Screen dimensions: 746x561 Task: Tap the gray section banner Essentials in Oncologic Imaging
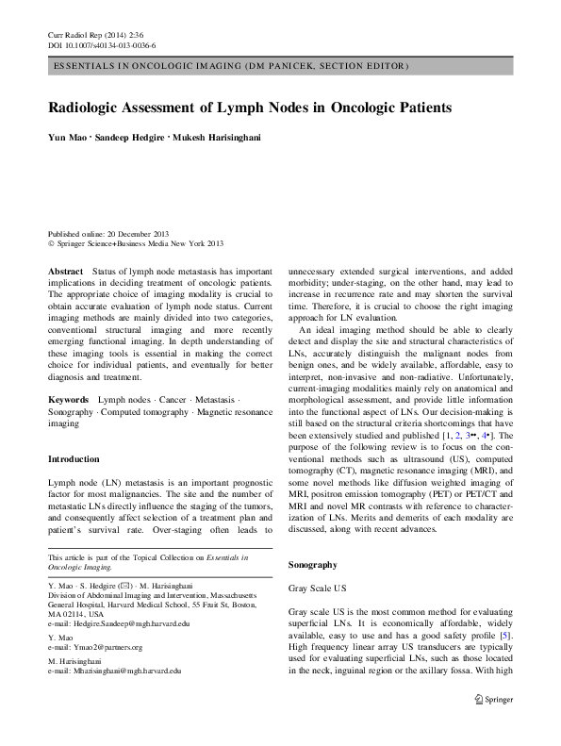(x=230, y=67)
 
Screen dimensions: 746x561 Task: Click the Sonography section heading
(x=312, y=564)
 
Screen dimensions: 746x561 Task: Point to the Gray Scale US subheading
(x=318, y=588)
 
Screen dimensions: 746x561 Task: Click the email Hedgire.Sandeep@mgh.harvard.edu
(x=118, y=624)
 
